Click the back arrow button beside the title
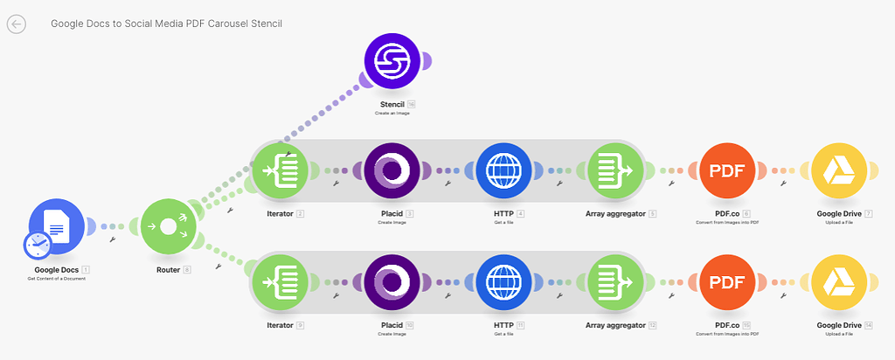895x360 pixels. click(x=16, y=24)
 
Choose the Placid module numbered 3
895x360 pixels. click(x=392, y=171)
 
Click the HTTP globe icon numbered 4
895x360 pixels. click(x=504, y=171)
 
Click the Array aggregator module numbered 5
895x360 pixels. click(x=616, y=171)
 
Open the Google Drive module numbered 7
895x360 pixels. click(x=840, y=171)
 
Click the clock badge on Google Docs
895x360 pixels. click(x=38, y=246)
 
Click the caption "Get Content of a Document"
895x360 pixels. click(x=57, y=278)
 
